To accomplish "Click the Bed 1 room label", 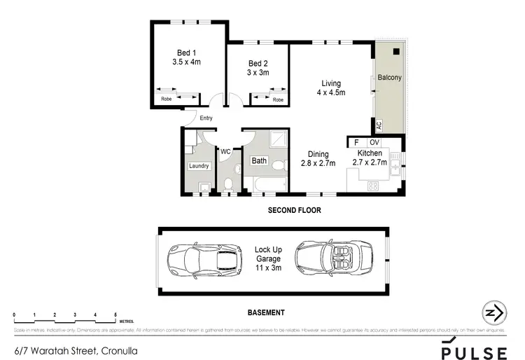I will click(x=186, y=57).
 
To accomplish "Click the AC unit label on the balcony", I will click(x=379, y=126).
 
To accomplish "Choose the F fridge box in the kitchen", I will click(x=356, y=141).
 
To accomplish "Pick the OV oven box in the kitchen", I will click(x=374, y=141).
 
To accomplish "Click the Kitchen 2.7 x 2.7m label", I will click(x=370, y=158).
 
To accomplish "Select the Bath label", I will click(x=259, y=161).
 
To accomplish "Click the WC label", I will click(x=225, y=151).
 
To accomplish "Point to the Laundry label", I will click(x=199, y=166).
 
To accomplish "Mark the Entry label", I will click(x=206, y=118).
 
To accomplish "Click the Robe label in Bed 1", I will click(x=167, y=99).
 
